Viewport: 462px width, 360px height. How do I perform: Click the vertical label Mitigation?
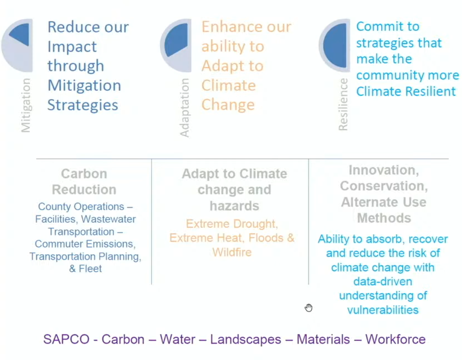[26, 105]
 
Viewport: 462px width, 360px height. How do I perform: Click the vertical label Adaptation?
[184, 108]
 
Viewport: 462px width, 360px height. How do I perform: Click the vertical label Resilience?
[343, 104]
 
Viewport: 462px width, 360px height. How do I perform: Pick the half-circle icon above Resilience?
[335, 45]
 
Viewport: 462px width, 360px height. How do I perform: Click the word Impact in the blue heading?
[72, 46]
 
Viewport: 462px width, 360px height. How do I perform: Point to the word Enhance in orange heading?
[232, 26]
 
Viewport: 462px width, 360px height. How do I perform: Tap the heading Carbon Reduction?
[84, 182]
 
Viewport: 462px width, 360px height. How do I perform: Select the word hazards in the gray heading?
[234, 206]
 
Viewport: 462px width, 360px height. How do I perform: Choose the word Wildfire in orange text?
[232, 252]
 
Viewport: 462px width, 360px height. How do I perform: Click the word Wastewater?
[108, 219]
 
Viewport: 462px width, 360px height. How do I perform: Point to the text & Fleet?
[85, 269]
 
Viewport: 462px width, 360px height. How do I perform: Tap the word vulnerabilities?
[383, 310]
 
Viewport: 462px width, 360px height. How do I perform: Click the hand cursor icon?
[309, 308]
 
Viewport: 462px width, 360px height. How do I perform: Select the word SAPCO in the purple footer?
[66, 339]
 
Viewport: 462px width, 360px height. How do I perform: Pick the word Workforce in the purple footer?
[395, 339]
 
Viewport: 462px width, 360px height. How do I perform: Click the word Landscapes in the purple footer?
[245, 340]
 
